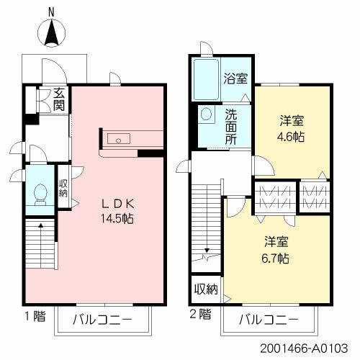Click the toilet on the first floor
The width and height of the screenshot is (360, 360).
click(x=40, y=193)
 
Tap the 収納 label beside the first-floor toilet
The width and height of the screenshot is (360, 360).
click(x=63, y=189)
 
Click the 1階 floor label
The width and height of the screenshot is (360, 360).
click(x=33, y=314)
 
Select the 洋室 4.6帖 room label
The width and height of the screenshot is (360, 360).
click(x=292, y=128)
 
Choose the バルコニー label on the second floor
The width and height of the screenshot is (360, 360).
click(x=269, y=318)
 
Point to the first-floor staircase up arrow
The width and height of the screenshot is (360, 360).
click(x=40, y=228)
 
